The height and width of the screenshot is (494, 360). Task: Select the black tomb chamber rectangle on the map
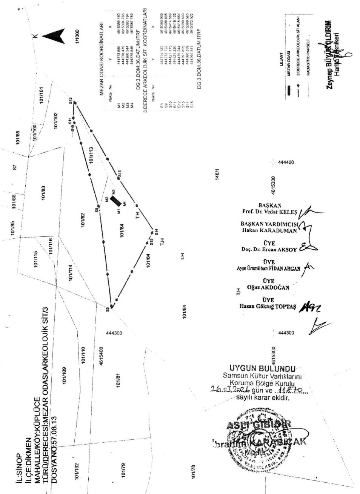click(x=116, y=198)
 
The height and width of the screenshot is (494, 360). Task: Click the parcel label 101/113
click(x=91, y=155)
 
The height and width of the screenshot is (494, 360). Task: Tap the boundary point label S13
click(x=119, y=173)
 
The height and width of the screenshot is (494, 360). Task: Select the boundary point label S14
click(x=156, y=232)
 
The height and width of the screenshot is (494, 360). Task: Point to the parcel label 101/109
click(x=65, y=376)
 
